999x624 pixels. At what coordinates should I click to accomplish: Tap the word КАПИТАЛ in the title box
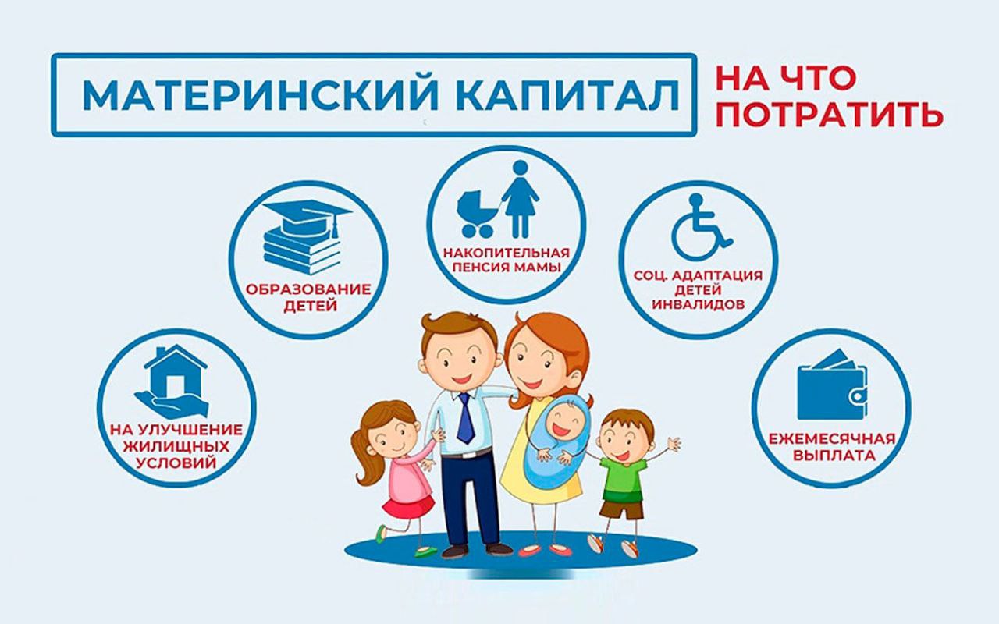coord(567,95)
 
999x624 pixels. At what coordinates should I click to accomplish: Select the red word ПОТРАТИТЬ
coord(830,115)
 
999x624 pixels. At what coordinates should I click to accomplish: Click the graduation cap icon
coord(308,217)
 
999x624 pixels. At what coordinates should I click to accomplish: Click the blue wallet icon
coord(832,385)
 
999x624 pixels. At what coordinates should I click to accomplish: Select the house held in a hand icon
coord(172,381)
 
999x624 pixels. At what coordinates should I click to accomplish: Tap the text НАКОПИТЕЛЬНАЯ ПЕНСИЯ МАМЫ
coord(507,261)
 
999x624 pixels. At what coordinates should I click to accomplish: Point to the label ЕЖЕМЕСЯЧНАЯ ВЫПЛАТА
coord(832,447)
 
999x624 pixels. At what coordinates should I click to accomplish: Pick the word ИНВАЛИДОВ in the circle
coord(699,304)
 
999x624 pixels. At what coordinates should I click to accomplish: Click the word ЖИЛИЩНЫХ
coord(176,446)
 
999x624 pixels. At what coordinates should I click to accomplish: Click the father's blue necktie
coord(464,418)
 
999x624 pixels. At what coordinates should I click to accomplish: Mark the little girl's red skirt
coord(407,507)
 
